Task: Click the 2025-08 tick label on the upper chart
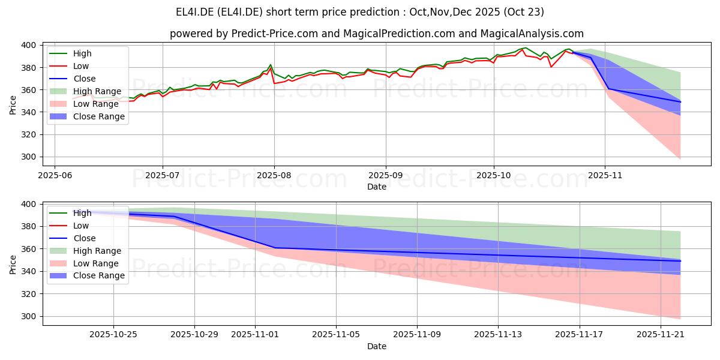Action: [x=274, y=175]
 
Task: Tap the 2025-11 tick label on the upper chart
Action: [x=605, y=175]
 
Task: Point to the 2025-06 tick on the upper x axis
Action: [x=55, y=175]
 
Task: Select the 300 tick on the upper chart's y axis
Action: [x=29, y=157]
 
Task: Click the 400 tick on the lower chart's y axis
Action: [x=29, y=204]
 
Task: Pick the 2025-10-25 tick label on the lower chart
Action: [x=113, y=335]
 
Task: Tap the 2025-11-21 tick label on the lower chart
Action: [x=660, y=335]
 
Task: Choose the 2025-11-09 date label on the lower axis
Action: [x=416, y=335]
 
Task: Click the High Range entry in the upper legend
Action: [x=97, y=91]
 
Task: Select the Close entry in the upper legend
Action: [x=84, y=79]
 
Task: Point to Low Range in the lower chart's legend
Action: [x=96, y=263]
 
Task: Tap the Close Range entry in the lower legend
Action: [x=99, y=276]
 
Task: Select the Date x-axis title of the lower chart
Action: [x=376, y=346]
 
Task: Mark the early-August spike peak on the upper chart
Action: [x=271, y=65]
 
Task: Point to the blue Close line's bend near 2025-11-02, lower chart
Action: [x=275, y=248]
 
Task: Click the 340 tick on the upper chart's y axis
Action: [x=29, y=112]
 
